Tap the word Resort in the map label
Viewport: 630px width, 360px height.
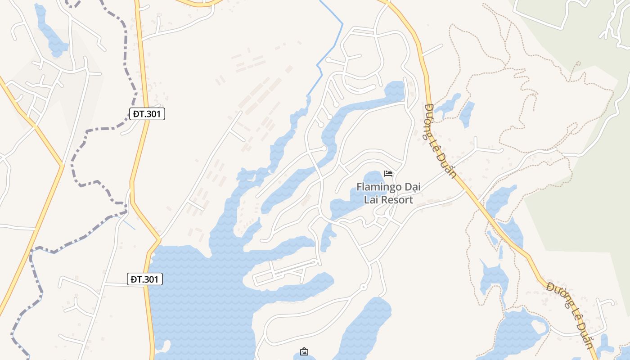pos(396,200)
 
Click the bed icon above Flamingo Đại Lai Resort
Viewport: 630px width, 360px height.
pos(388,174)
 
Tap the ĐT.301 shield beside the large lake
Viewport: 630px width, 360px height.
pos(144,279)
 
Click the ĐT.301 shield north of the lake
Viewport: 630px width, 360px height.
pos(147,114)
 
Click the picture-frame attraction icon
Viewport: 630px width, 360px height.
pos(304,351)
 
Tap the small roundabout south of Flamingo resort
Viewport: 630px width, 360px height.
pos(364,287)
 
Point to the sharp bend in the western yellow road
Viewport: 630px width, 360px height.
pos(62,166)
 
